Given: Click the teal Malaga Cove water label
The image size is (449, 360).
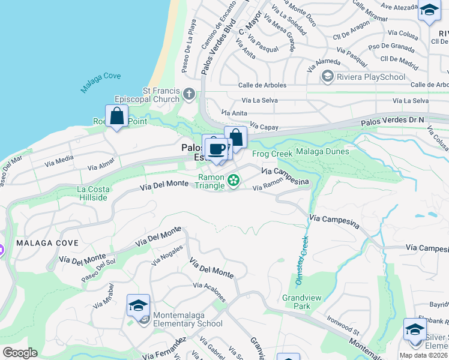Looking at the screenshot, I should [x=101, y=83].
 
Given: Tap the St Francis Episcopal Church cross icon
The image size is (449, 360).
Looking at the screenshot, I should [x=189, y=93].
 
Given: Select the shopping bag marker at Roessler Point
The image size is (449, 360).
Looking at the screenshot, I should [x=116, y=116].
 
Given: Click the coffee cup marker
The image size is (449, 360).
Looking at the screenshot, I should [x=217, y=148].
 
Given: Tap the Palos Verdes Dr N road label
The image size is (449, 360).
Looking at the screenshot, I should [x=392, y=121].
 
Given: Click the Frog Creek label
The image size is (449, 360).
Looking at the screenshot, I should [x=272, y=154].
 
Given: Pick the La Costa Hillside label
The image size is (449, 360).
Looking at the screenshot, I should [x=93, y=193].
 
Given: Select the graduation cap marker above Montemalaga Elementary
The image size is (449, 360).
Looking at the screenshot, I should [x=138, y=305].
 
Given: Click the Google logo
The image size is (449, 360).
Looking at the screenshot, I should [x=20, y=353].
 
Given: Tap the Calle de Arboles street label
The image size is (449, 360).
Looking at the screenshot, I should [x=262, y=85].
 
